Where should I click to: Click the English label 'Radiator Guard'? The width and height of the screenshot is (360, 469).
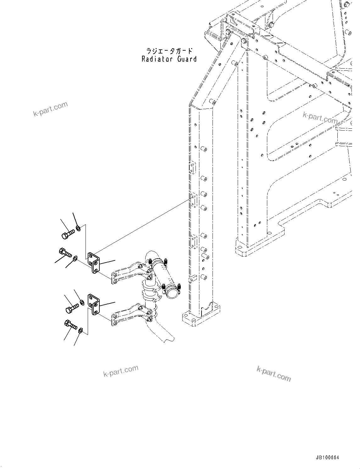(169, 59)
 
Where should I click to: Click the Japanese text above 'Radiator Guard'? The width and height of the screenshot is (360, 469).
(169, 51)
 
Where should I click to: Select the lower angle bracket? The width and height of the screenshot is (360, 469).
(94, 304)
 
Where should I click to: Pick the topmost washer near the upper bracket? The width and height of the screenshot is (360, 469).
(79, 228)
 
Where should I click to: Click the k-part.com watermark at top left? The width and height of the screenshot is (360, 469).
(50, 109)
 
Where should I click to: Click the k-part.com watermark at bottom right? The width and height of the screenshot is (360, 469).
(274, 374)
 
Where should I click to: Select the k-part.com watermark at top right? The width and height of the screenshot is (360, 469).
(320, 118)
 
